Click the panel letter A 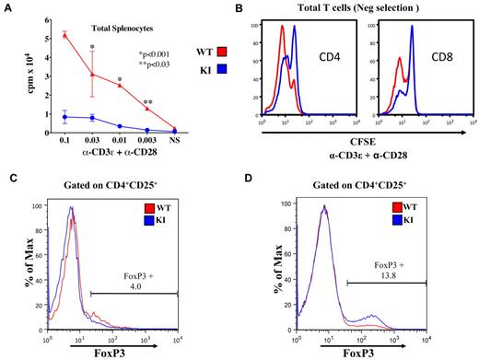click(6, 6)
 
